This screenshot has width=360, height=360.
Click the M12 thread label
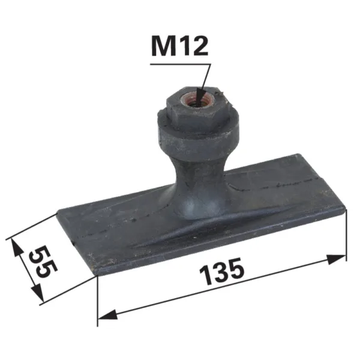coord(180,47)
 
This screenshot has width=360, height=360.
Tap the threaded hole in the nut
coord(198,100)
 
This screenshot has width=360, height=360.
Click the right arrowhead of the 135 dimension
coord(336,259)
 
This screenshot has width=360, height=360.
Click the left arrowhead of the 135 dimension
coord(108,314)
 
